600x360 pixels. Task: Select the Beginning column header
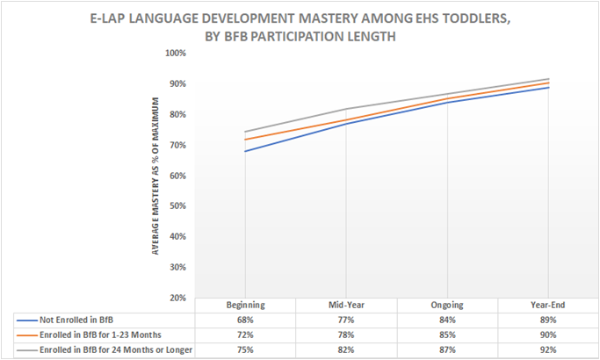245,305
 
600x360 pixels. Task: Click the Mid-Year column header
346,305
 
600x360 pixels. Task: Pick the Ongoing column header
447,305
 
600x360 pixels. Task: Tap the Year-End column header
548,305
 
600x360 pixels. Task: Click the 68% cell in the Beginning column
245,320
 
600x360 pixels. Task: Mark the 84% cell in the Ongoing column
447,320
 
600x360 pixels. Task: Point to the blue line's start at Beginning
245,151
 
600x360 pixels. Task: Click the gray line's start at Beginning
245,132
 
